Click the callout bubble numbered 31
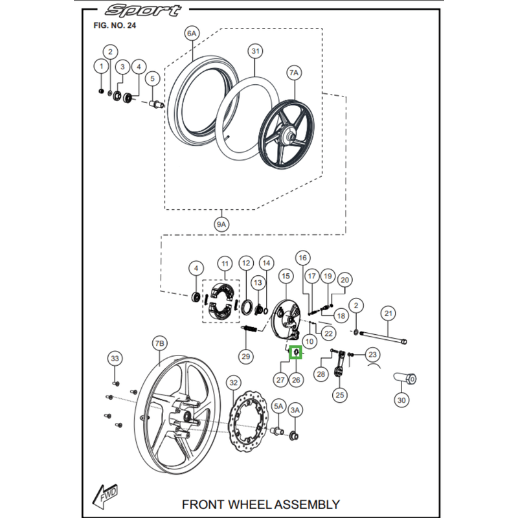[x=255, y=51]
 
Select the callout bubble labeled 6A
[x=191, y=33]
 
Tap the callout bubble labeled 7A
[x=294, y=73]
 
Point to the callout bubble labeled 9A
[x=221, y=224]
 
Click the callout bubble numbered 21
[x=388, y=313]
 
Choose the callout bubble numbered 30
[x=402, y=400]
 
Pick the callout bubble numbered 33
[x=115, y=358]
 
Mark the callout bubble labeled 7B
[x=160, y=343]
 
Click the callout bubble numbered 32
[x=234, y=383]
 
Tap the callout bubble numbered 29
[x=245, y=355]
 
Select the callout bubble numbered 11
[x=225, y=264]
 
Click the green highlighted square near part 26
[x=295, y=352]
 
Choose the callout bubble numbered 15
[x=286, y=276]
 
